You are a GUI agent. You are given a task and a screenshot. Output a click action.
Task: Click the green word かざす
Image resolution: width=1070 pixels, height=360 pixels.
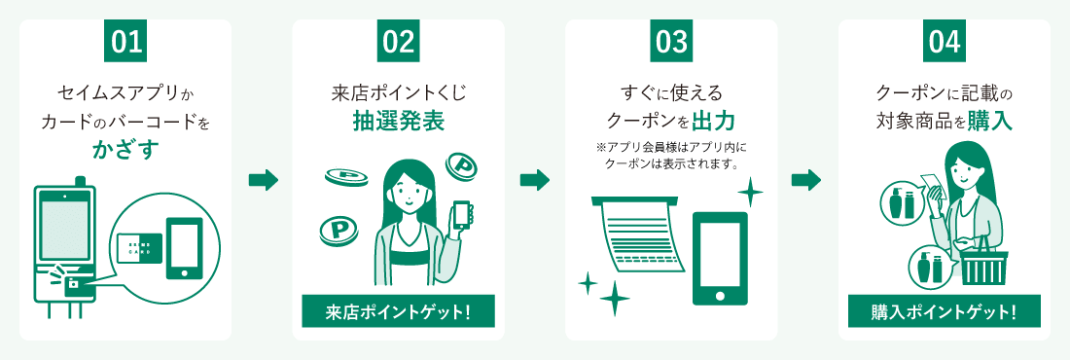coord(125,150)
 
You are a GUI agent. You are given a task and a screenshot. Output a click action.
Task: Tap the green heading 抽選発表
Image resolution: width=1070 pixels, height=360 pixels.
coord(399,121)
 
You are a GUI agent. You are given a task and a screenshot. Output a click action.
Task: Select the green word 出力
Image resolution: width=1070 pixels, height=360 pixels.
coord(713,121)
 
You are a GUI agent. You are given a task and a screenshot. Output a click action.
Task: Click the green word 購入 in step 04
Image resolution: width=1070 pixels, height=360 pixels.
coord(989,121)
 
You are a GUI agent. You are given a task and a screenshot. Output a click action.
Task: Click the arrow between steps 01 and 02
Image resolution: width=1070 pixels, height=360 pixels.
coord(263,180)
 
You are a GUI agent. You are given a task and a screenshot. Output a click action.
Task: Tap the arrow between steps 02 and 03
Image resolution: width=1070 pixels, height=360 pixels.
coord(535,180)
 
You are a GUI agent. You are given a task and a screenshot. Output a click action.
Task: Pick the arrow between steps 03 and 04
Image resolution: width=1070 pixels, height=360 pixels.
coord(806,180)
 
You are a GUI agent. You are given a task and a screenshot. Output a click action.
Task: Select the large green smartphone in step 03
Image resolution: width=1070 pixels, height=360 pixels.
coord(720,258)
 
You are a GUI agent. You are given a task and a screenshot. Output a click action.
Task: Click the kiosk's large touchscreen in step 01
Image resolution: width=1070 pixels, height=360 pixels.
coord(65,226)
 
